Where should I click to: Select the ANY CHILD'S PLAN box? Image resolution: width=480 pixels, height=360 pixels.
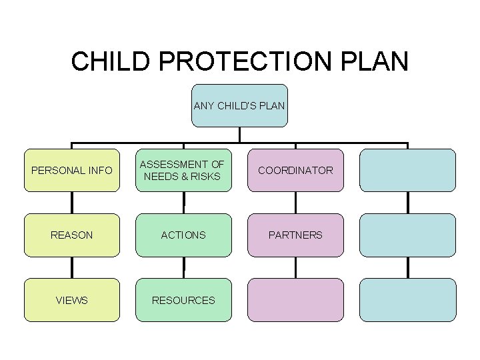coord(239,105)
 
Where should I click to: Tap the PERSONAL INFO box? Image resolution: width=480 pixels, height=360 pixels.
coord(72,170)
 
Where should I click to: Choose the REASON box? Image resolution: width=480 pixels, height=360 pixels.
coord(72,235)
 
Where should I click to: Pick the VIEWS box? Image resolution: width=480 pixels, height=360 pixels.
coord(72,300)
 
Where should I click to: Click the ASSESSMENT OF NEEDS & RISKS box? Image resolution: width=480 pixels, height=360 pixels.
coord(183,170)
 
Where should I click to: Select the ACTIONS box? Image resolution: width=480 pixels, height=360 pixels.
coord(183,235)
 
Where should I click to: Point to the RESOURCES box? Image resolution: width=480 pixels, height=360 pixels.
coord(183,300)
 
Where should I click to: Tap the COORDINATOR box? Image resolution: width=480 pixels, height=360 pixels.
coord(295,170)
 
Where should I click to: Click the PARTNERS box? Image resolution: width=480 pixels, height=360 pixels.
coord(295,235)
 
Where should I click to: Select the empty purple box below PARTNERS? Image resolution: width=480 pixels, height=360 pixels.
coord(295,300)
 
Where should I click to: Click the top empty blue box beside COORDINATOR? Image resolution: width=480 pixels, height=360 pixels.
coord(407,170)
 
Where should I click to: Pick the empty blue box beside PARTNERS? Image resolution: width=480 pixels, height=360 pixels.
coord(407,235)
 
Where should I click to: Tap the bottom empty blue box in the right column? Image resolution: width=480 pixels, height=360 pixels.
coord(407,300)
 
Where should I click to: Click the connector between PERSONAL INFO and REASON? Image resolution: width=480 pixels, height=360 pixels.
coord(72,203)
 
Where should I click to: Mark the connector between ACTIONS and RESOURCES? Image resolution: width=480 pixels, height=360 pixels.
coord(183,267)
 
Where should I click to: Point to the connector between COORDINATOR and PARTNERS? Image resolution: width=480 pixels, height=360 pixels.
coord(295,203)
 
